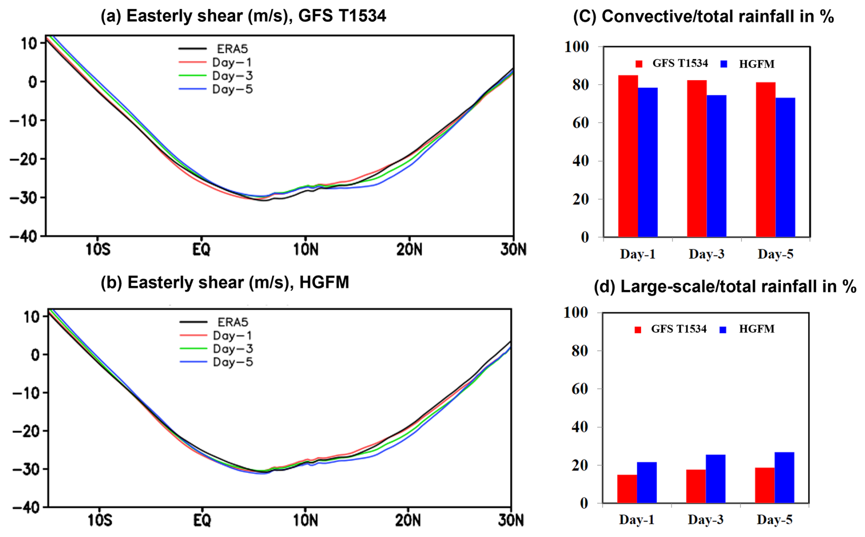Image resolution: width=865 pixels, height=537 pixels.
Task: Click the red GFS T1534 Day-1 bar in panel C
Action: (628, 156)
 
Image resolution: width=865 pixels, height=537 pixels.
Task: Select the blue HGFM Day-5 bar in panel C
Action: (785, 167)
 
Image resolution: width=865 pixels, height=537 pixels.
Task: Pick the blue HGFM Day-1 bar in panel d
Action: (646, 482)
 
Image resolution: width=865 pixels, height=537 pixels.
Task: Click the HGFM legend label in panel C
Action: (757, 64)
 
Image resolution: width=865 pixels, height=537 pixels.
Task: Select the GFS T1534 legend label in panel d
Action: (678, 329)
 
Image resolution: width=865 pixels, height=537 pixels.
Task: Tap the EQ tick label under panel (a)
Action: (201, 250)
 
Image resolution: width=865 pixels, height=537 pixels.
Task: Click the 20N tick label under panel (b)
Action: (407, 521)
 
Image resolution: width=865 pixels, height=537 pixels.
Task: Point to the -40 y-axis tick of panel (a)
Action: (27, 236)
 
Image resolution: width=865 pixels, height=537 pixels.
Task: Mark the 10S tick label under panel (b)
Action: (99, 521)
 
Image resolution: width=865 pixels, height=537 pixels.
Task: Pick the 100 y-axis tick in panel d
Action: (576, 312)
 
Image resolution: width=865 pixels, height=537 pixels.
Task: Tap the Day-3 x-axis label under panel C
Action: (706, 254)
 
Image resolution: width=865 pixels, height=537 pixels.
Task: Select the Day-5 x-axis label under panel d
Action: (774, 520)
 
